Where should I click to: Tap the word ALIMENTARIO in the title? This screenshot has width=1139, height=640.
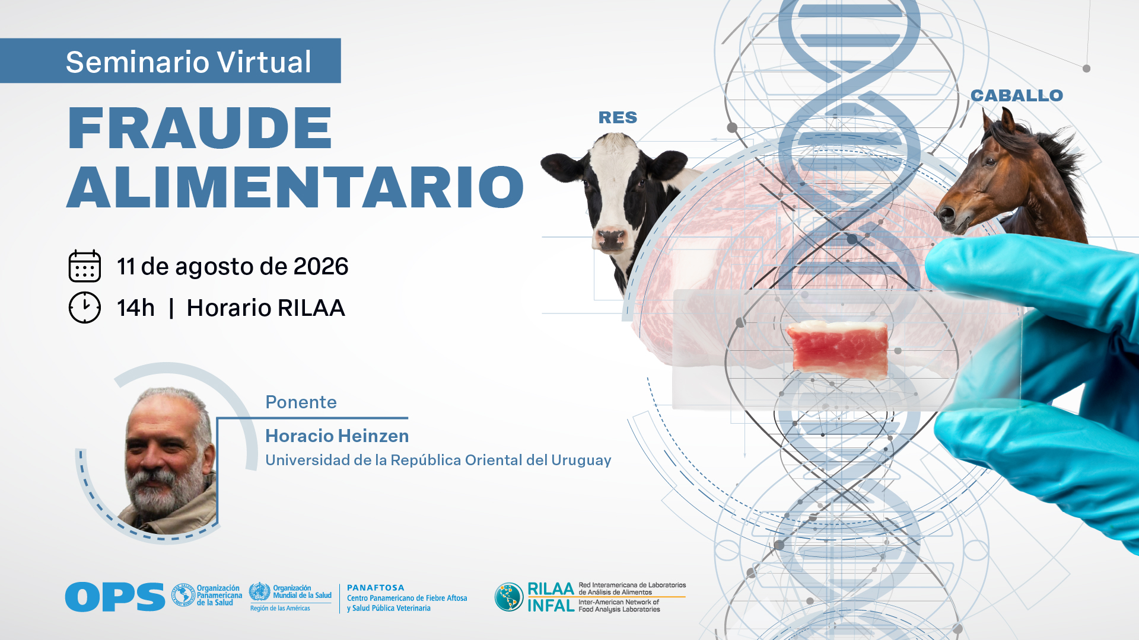(x=295, y=187)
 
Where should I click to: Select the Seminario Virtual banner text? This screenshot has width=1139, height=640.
(x=188, y=62)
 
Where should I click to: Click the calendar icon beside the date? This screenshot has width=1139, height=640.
(x=85, y=266)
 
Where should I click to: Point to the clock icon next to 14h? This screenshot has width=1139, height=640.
(x=85, y=308)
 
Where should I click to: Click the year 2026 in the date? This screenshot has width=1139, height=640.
(x=321, y=267)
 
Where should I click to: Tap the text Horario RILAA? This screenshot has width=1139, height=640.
(x=266, y=308)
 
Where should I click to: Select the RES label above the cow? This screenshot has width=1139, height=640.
(x=618, y=117)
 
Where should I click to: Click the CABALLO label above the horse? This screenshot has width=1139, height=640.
(x=1017, y=95)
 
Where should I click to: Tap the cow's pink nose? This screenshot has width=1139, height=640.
(x=612, y=239)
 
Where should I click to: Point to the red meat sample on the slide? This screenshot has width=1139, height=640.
(x=838, y=349)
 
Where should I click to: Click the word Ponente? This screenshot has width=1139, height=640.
(x=301, y=402)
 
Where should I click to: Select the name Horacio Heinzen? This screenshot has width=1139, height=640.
(x=337, y=436)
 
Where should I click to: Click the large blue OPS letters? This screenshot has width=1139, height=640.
(x=115, y=597)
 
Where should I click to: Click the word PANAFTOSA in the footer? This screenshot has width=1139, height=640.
(x=376, y=588)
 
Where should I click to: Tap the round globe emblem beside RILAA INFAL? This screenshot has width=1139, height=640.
(x=509, y=597)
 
